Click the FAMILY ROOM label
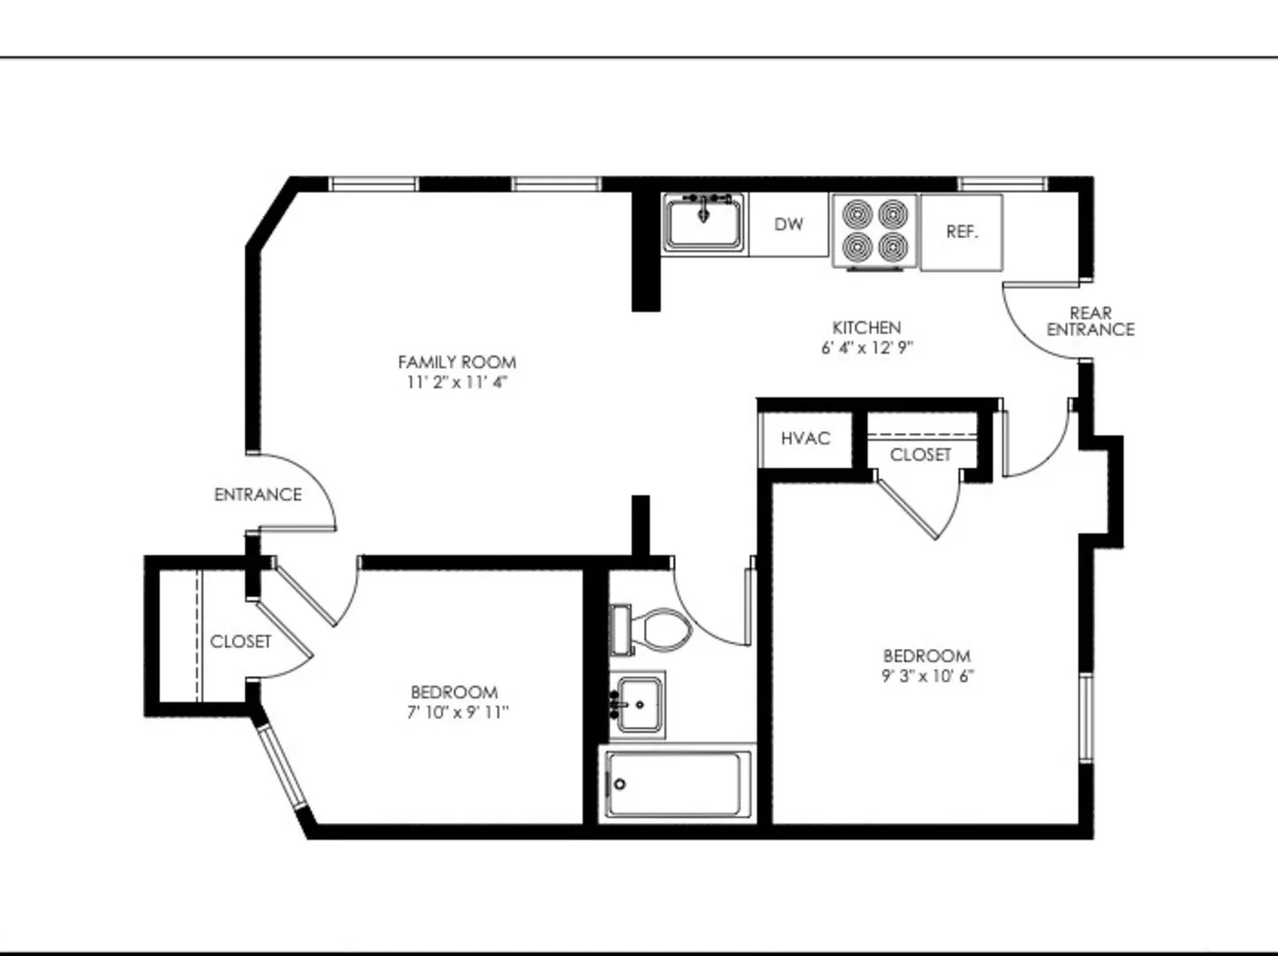(x=457, y=362)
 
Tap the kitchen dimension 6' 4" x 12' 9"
(x=866, y=347)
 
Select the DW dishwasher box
(x=788, y=225)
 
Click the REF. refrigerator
(x=962, y=233)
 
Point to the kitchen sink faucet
(x=704, y=206)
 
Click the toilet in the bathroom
(x=650, y=629)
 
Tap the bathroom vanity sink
(x=637, y=705)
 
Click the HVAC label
(x=805, y=439)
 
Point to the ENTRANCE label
(x=258, y=495)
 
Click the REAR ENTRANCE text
(x=1090, y=321)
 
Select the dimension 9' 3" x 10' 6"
(x=927, y=676)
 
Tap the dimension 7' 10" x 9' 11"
(x=458, y=713)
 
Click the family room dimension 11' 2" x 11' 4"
(x=457, y=382)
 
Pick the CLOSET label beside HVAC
(x=920, y=454)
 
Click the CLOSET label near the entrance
(x=241, y=641)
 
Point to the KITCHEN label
(x=866, y=328)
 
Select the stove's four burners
(x=875, y=231)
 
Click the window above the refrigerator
(x=1002, y=184)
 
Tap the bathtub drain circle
(x=620, y=784)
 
